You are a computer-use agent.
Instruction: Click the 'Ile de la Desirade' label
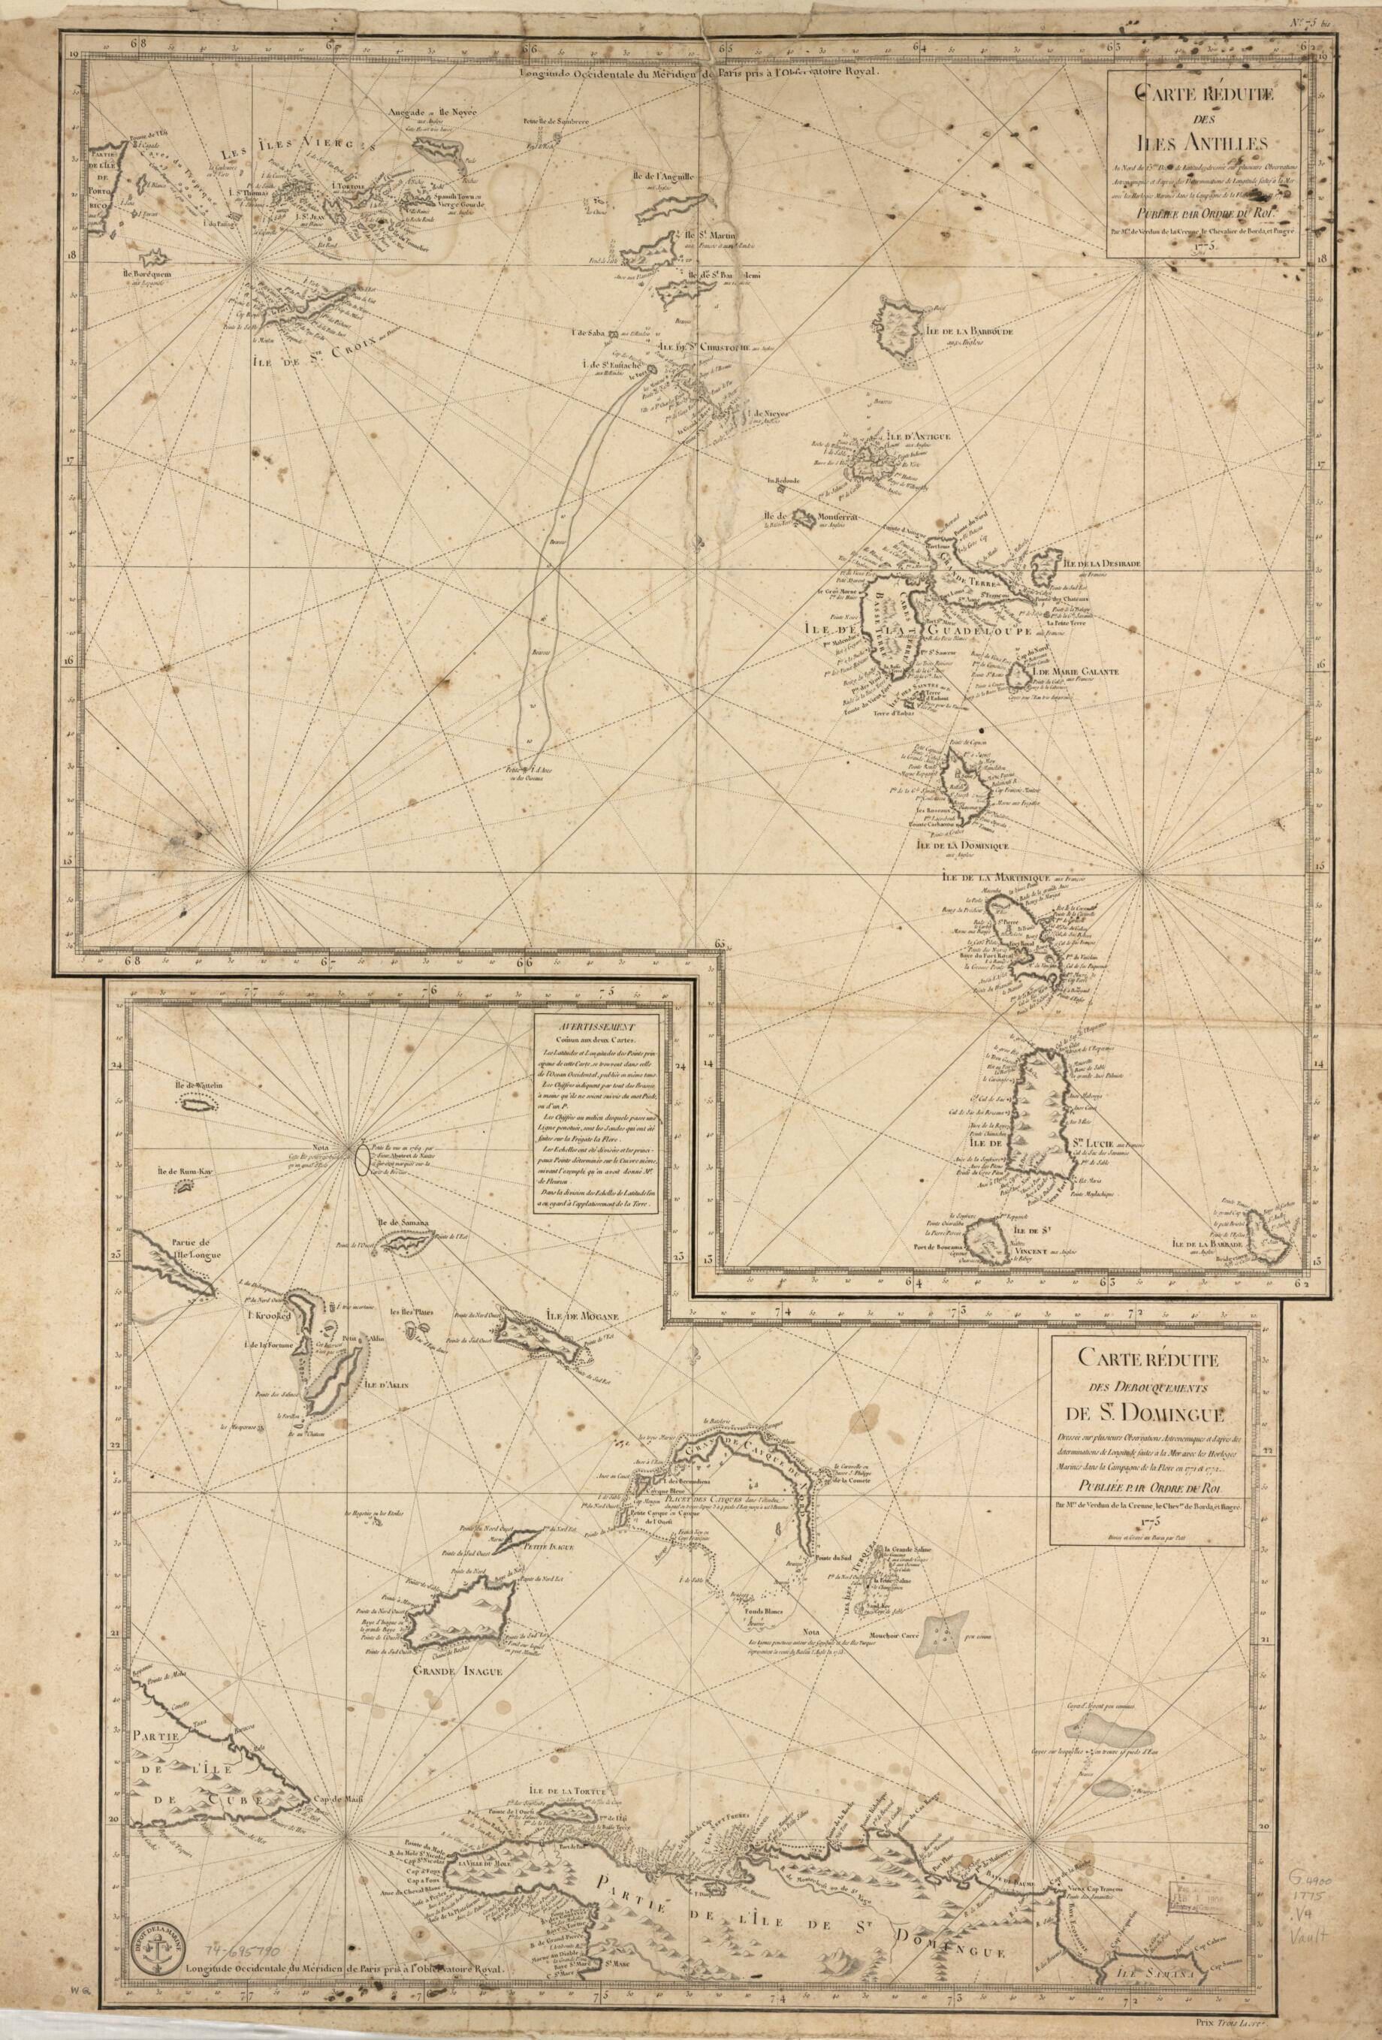pos(1102,563)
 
